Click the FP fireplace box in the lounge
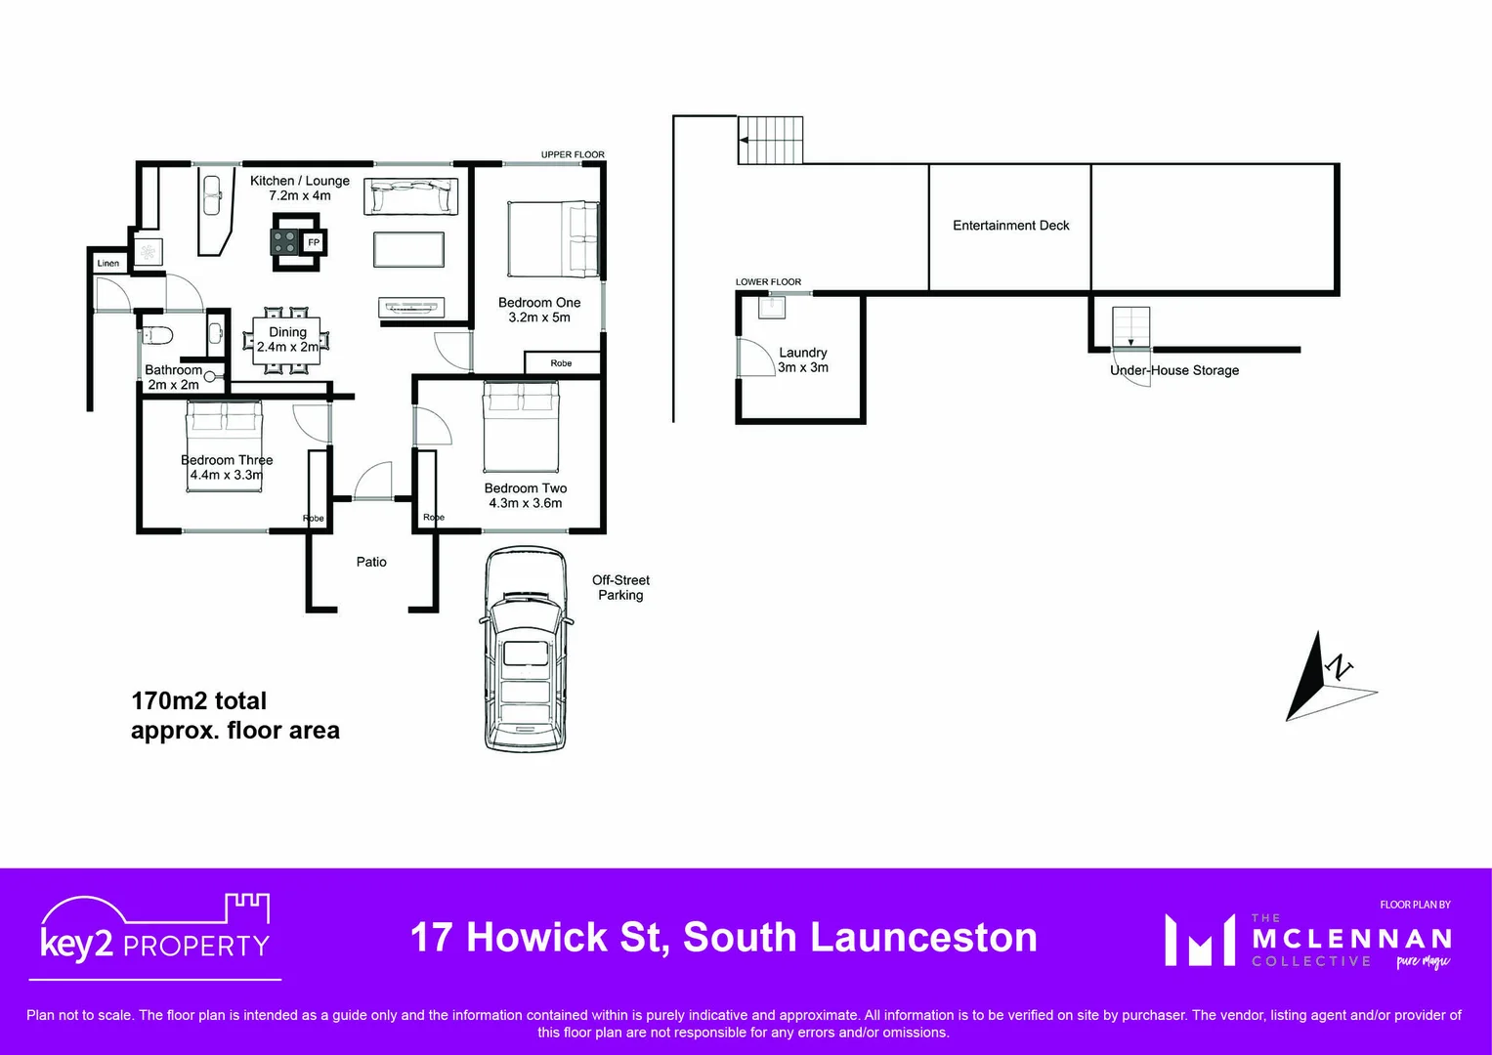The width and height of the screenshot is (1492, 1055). click(314, 242)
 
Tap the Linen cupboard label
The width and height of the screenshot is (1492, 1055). click(108, 263)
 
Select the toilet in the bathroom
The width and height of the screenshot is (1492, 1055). click(158, 335)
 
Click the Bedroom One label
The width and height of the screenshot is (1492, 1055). click(539, 303)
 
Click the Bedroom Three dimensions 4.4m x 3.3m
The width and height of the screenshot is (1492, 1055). click(227, 475)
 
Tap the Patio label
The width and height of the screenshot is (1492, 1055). click(371, 562)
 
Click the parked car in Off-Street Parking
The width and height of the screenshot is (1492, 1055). click(526, 650)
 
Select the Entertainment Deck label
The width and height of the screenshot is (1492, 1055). click(1010, 226)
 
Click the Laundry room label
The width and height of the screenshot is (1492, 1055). click(803, 353)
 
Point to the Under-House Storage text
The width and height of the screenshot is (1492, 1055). click(1174, 370)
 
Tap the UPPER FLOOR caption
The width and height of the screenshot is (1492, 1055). click(573, 154)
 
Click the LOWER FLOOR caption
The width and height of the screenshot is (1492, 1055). click(768, 282)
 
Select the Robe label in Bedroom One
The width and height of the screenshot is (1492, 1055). click(561, 363)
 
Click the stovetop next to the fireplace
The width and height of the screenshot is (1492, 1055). click(285, 242)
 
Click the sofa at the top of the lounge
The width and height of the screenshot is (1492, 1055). click(411, 196)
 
